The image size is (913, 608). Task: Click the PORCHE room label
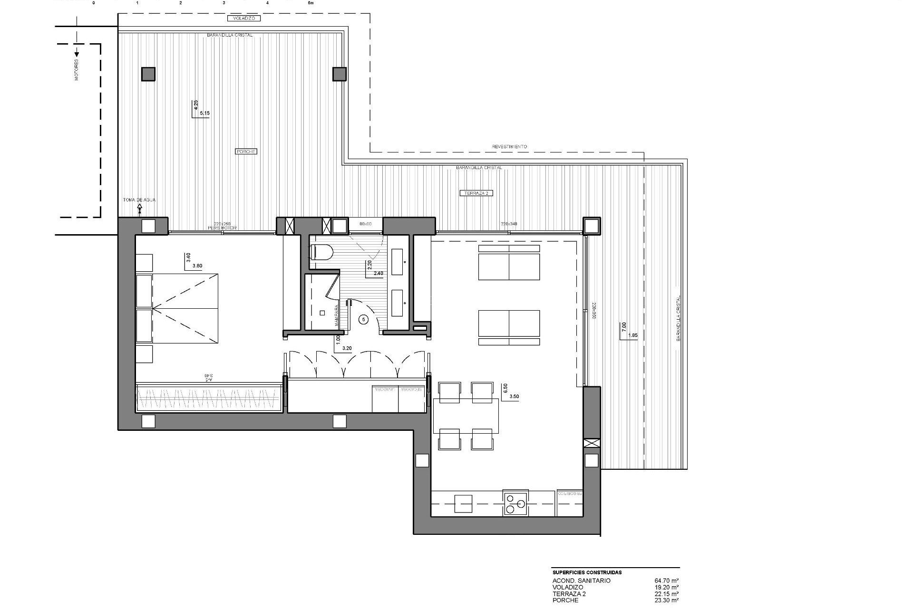click(x=246, y=152)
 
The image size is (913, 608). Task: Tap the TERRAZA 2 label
click(x=476, y=193)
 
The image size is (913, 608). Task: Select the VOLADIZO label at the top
click(x=244, y=19)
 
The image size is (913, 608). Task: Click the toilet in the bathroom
click(x=320, y=252)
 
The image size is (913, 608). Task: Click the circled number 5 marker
click(x=364, y=320)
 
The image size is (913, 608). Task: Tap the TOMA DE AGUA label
click(x=139, y=200)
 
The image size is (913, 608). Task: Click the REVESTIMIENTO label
click(x=509, y=147)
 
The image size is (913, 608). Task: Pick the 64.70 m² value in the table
click(x=666, y=580)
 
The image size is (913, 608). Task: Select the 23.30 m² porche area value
click(x=666, y=600)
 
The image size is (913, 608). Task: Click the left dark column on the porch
click(x=148, y=74)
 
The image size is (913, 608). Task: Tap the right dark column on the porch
click(x=339, y=74)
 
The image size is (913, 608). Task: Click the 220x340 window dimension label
click(x=509, y=223)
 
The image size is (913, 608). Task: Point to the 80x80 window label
click(x=365, y=223)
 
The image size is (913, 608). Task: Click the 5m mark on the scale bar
click(x=311, y=2)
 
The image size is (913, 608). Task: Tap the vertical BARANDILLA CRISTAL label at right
click(x=679, y=318)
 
